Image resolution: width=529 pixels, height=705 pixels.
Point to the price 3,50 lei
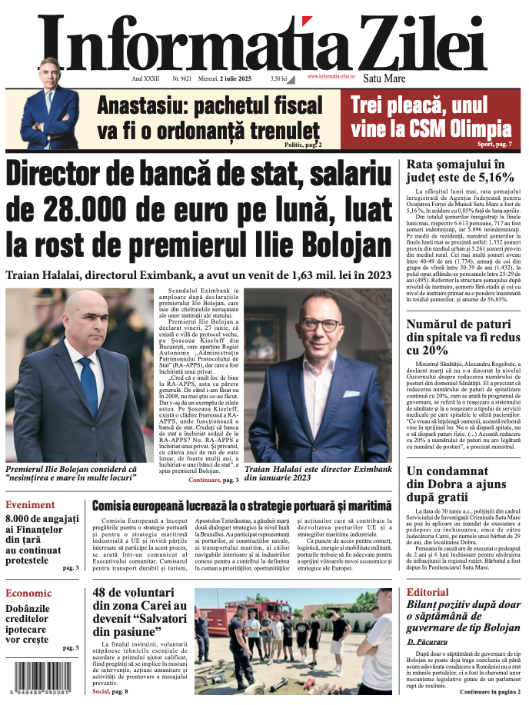[x=278, y=78]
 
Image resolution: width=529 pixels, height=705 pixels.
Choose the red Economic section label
[x=28, y=593]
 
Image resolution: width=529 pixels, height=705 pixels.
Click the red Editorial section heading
[x=428, y=592]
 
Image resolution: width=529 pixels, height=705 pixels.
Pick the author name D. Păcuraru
[x=428, y=640]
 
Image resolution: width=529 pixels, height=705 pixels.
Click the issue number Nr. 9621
[x=182, y=78]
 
